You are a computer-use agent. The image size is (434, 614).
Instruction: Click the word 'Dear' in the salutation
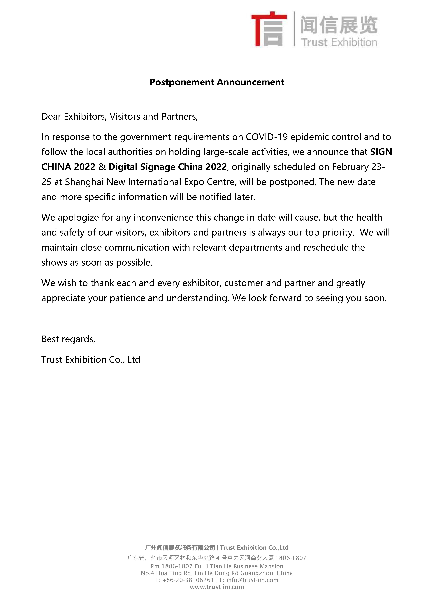(51, 117)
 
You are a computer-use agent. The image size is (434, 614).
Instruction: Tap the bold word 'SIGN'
(381, 152)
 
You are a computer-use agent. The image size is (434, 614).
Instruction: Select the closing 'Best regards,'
(68, 339)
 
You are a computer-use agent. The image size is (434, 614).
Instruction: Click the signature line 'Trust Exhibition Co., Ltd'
(91, 359)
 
